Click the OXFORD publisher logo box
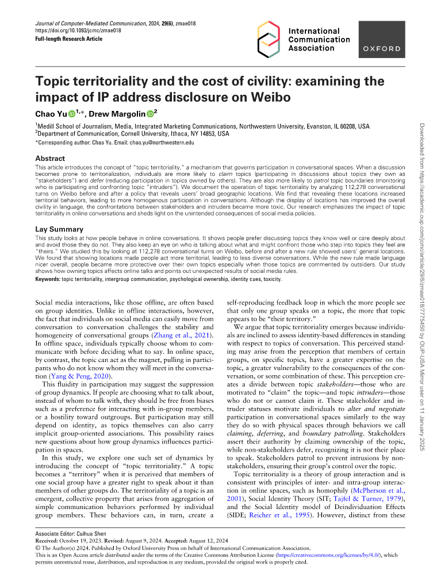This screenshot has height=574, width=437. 384,48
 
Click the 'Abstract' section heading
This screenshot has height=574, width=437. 50,158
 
